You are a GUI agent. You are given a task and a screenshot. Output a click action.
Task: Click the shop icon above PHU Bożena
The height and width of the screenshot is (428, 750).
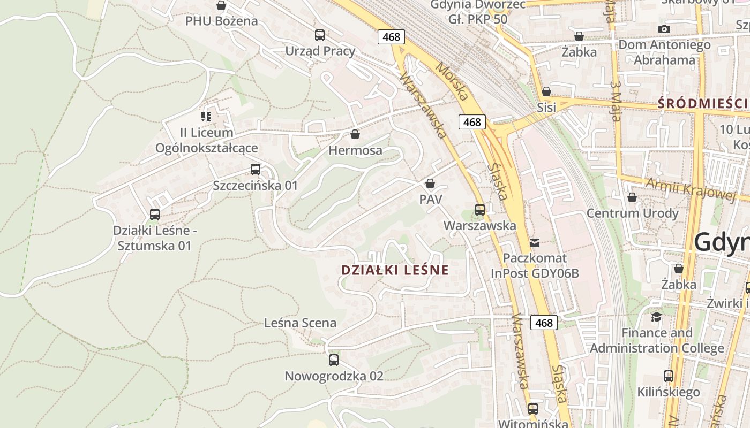click(221, 5)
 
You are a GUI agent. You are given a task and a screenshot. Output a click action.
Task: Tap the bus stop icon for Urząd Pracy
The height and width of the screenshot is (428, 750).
click(320, 35)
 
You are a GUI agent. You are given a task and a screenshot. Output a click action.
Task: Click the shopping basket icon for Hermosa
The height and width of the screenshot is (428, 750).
click(355, 134)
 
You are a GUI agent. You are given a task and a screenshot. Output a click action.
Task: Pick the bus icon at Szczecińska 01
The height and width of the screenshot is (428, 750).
click(256, 170)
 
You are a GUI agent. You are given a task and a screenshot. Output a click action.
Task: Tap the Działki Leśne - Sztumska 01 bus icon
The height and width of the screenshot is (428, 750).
click(155, 215)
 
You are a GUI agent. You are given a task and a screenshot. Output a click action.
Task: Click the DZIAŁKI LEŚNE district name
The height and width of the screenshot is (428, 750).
click(395, 270)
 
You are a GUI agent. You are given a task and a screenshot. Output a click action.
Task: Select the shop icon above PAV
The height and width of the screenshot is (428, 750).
click(430, 184)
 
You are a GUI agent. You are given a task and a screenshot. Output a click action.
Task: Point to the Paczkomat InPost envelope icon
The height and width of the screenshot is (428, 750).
click(534, 243)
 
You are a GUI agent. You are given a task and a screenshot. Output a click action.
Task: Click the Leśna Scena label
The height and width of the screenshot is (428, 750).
click(300, 323)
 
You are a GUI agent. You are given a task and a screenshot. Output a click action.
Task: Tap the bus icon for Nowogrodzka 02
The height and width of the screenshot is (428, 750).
click(334, 360)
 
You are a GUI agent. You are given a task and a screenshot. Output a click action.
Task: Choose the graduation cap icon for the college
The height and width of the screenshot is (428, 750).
click(656, 317)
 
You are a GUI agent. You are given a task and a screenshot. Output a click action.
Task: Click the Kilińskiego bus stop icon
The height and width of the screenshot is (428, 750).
click(669, 376)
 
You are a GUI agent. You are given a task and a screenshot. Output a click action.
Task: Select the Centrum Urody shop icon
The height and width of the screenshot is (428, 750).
click(632, 197)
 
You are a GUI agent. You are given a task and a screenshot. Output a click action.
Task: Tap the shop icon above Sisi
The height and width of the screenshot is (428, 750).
click(546, 91)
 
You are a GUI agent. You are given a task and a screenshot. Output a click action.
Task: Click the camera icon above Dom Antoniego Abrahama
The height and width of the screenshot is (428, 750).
click(664, 29)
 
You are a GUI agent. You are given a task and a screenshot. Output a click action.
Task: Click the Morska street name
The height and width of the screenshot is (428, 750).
click(452, 83)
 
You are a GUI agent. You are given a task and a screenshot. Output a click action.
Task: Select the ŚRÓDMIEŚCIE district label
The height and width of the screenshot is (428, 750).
click(703, 103)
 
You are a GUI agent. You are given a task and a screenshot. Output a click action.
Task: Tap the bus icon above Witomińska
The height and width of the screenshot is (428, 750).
click(533, 409)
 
